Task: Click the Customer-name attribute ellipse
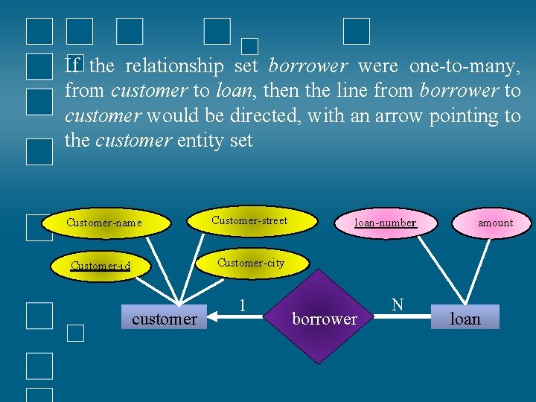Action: tap(103, 223)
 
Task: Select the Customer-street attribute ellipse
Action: tap(249, 220)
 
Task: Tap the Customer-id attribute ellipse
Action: tap(100, 266)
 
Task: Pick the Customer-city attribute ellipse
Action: tap(250, 263)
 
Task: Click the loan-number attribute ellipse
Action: tap(385, 222)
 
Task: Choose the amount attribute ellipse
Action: tap(494, 222)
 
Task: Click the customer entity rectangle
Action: tap(164, 319)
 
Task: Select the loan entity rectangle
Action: tap(465, 319)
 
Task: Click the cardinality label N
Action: tap(398, 304)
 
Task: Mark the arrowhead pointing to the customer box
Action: tap(213, 318)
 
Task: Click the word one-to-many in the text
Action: tap(464, 66)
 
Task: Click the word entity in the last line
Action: tap(201, 140)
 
